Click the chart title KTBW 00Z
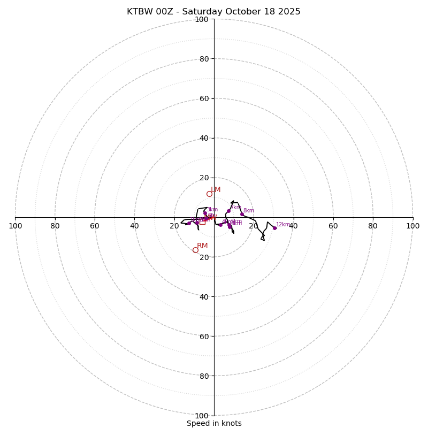(213, 12)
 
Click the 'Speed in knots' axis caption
(214, 423)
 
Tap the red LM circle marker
(209, 194)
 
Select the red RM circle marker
(195, 250)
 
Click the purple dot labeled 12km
(275, 228)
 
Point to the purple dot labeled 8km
(242, 215)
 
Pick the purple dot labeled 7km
(228, 211)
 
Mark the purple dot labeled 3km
(205, 213)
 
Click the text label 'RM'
(202, 246)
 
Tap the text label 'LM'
(216, 189)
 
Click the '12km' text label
(283, 225)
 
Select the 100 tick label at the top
(202, 19)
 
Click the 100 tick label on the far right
(413, 226)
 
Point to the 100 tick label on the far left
(15, 226)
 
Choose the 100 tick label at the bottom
(202, 415)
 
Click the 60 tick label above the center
(203, 98)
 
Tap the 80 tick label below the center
(203, 376)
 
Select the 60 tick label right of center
(333, 226)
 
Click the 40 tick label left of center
(134, 226)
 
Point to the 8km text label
(249, 211)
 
